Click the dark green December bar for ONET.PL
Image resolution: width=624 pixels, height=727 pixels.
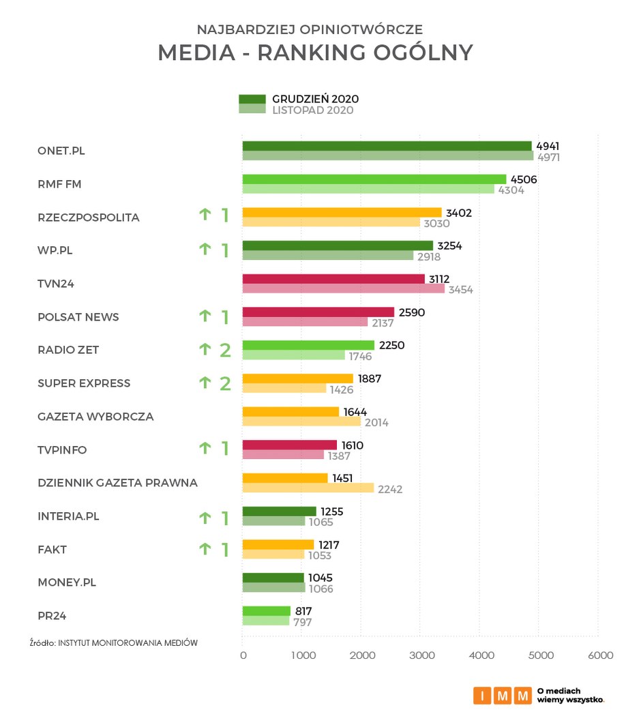coord(387,146)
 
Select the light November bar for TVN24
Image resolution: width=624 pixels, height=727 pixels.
coord(343,289)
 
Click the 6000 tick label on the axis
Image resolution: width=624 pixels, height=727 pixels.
coord(600,655)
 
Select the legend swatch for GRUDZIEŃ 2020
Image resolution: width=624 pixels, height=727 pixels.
coord(252,99)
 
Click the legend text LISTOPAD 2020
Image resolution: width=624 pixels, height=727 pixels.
coord(313,110)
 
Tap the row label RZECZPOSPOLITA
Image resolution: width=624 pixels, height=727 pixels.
coord(89,218)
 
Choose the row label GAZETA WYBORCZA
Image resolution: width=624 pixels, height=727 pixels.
coord(95,416)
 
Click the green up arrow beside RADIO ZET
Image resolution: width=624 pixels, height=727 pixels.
coord(204,350)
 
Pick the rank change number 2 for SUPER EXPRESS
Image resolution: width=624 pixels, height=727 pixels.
coord(224,383)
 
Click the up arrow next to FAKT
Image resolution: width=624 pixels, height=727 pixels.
coord(204,549)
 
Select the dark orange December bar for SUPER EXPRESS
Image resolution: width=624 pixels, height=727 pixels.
coord(297,378)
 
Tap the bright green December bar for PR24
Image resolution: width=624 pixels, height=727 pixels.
coord(266,611)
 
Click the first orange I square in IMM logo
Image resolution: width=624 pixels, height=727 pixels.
coord(482,695)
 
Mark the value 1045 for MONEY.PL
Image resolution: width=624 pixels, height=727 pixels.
coord(322,578)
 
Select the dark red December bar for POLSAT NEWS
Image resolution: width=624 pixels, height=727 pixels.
coord(318,312)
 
